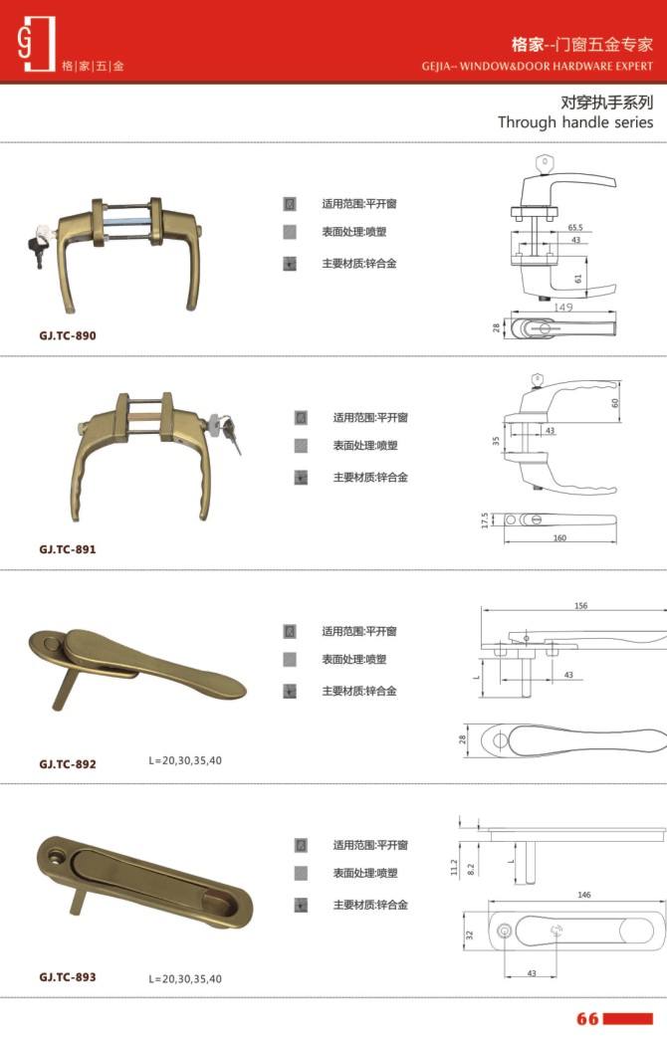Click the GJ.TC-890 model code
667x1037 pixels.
(x=68, y=335)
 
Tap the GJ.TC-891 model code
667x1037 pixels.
(x=68, y=549)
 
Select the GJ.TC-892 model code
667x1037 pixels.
(x=68, y=764)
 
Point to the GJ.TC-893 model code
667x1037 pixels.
(x=68, y=977)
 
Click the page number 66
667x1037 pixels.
(x=587, y=1018)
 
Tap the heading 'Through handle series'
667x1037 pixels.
(x=575, y=122)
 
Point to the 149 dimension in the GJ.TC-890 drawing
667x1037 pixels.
(x=563, y=307)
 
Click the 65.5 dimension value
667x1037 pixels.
(x=575, y=228)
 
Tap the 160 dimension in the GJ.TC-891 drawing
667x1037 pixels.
(x=559, y=537)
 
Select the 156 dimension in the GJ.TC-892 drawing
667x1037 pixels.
(x=581, y=606)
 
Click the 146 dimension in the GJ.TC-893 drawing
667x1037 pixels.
(x=583, y=895)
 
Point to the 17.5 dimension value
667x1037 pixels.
(x=485, y=520)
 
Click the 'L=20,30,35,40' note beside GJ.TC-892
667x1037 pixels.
(x=185, y=760)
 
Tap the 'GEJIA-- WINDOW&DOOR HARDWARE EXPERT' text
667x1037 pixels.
(x=538, y=66)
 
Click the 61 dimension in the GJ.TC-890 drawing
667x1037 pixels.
(x=578, y=279)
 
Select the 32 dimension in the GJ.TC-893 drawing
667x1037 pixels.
(x=470, y=935)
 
